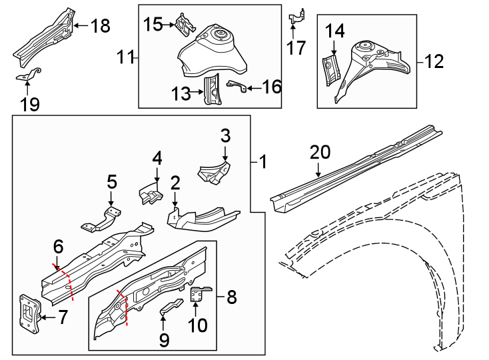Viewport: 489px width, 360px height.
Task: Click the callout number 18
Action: [100, 26]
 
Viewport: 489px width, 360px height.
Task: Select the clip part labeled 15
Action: [185, 25]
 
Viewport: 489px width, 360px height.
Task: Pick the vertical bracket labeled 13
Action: [213, 89]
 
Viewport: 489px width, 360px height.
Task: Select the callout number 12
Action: [434, 63]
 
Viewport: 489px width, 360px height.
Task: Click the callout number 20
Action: [320, 153]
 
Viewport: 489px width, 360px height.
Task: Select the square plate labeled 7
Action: [28, 312]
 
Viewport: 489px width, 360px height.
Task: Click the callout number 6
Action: [58, 247]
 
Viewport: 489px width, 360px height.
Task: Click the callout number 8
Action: [231, 295]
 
